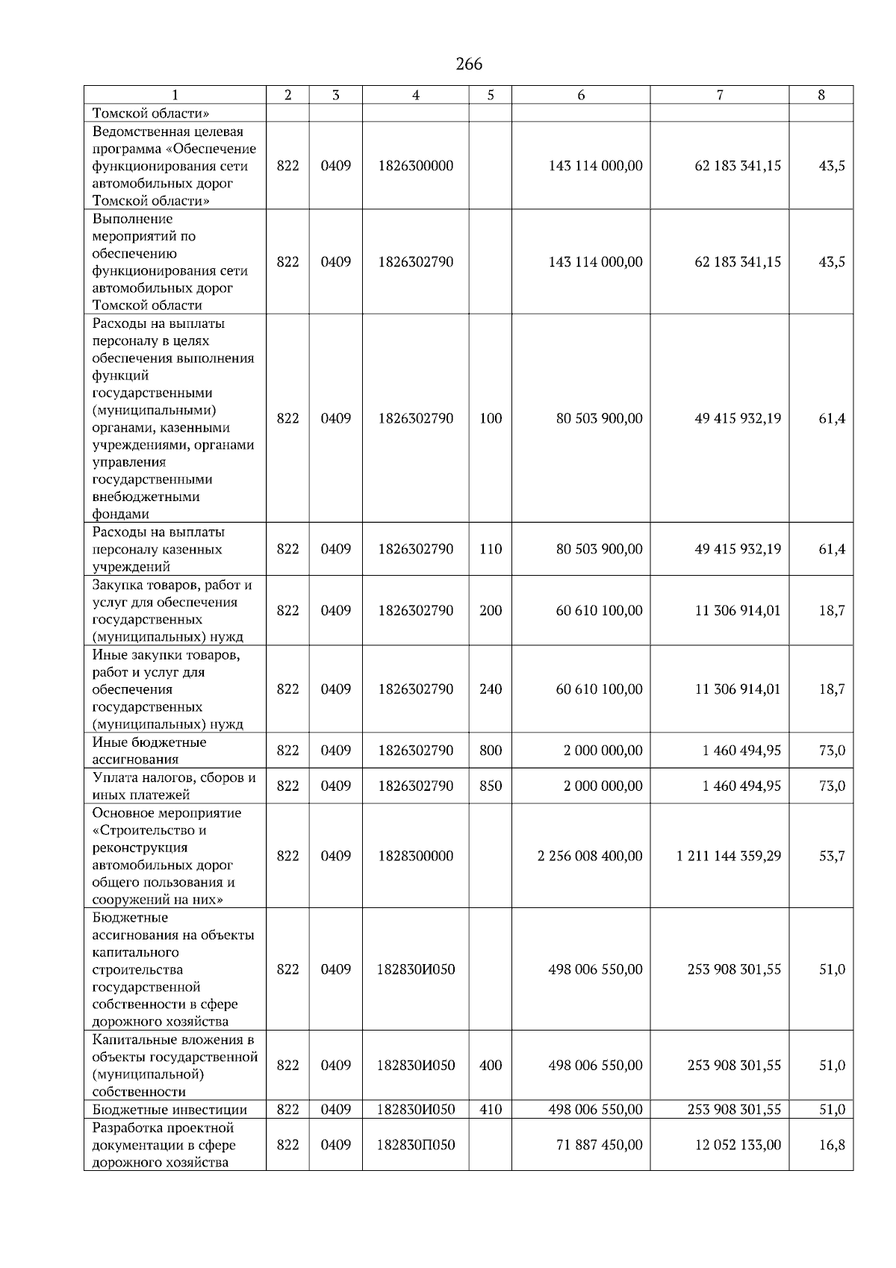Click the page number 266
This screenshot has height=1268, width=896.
coord(469,64)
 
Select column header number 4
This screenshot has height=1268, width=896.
coord(415,95)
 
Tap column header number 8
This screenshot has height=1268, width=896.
coord(821,95)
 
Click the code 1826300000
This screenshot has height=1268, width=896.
coord(415,166)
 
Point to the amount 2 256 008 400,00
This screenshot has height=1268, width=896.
coord(590,856)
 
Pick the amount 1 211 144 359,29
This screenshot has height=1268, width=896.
coord(729,856)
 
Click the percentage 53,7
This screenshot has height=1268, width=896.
coord(832,856)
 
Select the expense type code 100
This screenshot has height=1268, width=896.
coord(491,418)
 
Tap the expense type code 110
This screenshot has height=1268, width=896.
coord(491,549)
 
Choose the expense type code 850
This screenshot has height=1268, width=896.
coord(491,786)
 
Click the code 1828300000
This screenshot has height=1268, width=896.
coord(415,856)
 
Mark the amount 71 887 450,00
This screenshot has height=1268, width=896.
coord(599,1145)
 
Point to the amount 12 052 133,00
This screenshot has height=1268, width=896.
coord(738,1145)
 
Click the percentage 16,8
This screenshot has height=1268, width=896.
coord(832,1145)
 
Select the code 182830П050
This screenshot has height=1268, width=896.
coord(416,1145)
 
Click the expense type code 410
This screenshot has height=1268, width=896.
coord(491,1110)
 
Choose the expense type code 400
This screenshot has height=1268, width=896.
coord(491,1066)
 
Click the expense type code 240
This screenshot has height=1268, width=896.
coord(491,689)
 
